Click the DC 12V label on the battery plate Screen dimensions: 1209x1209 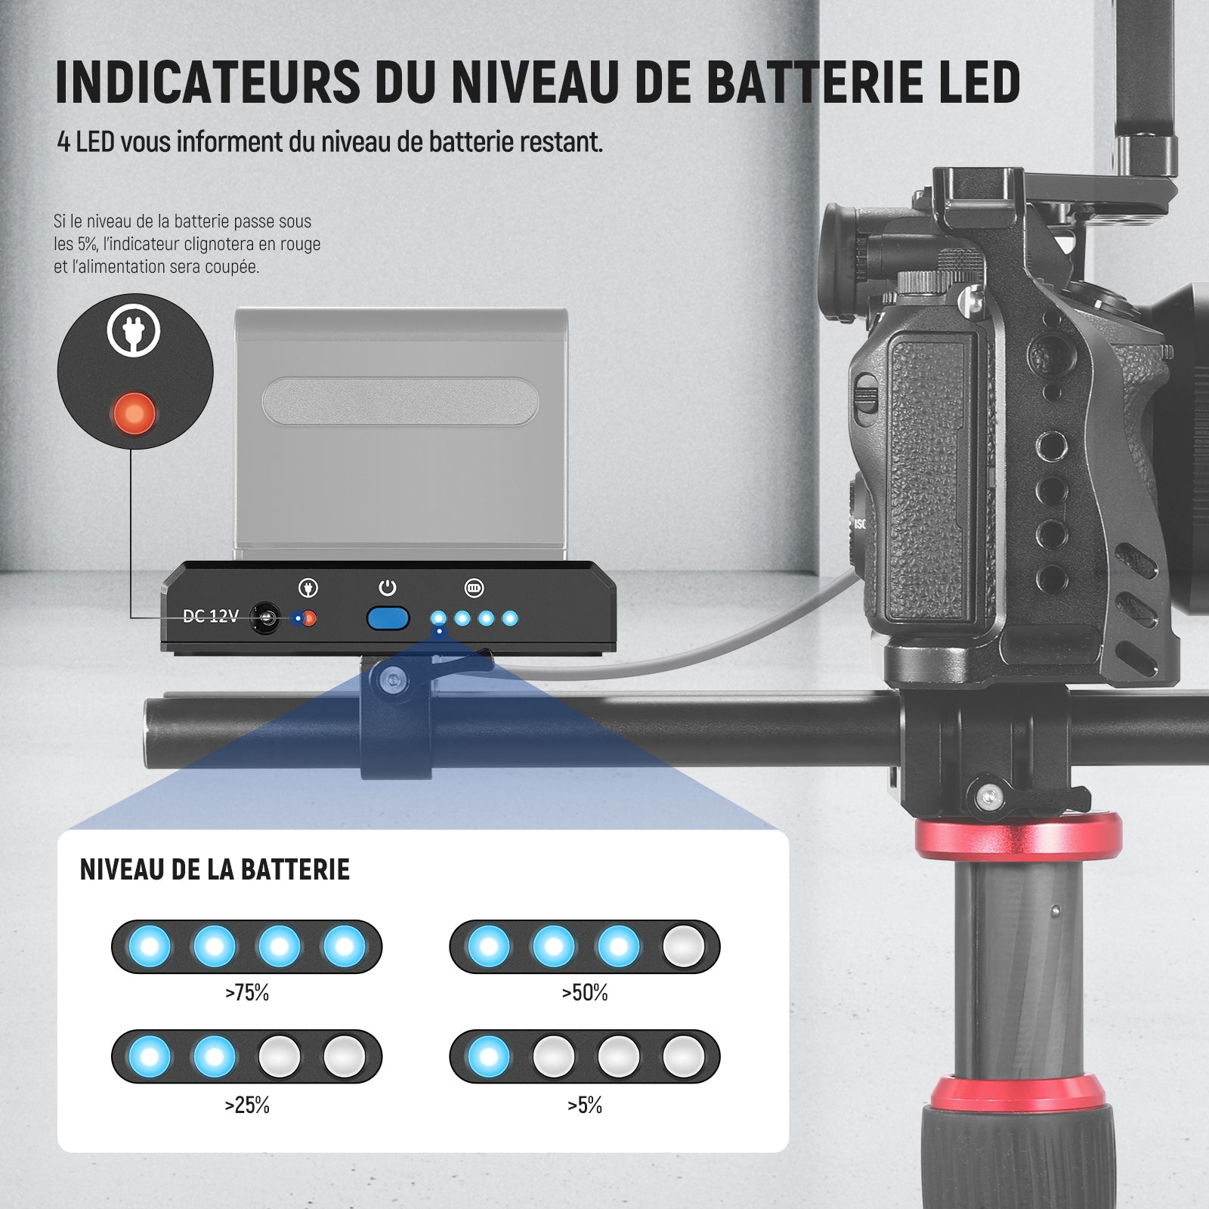point(210,617)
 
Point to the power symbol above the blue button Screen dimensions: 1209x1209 point(388,588)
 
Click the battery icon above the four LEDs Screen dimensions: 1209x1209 point(474,588)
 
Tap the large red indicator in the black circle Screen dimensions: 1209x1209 point(135,413)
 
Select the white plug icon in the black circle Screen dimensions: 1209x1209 point(134,330)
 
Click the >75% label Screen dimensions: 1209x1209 point(247,993)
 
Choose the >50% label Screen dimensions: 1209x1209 point(585,993)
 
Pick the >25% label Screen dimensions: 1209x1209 point(247,1105)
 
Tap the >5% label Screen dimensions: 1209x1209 point(585,1105)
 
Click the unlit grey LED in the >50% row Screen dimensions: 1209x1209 point(683,946)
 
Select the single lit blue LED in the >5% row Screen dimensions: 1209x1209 point(489,1056)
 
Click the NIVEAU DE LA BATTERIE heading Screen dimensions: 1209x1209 point(215,870)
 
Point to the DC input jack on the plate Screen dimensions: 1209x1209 point(265,618)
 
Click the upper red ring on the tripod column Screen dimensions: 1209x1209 point(1018,836)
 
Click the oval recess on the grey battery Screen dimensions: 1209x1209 point(400,401)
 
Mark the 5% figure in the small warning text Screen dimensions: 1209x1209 point(86,244)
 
